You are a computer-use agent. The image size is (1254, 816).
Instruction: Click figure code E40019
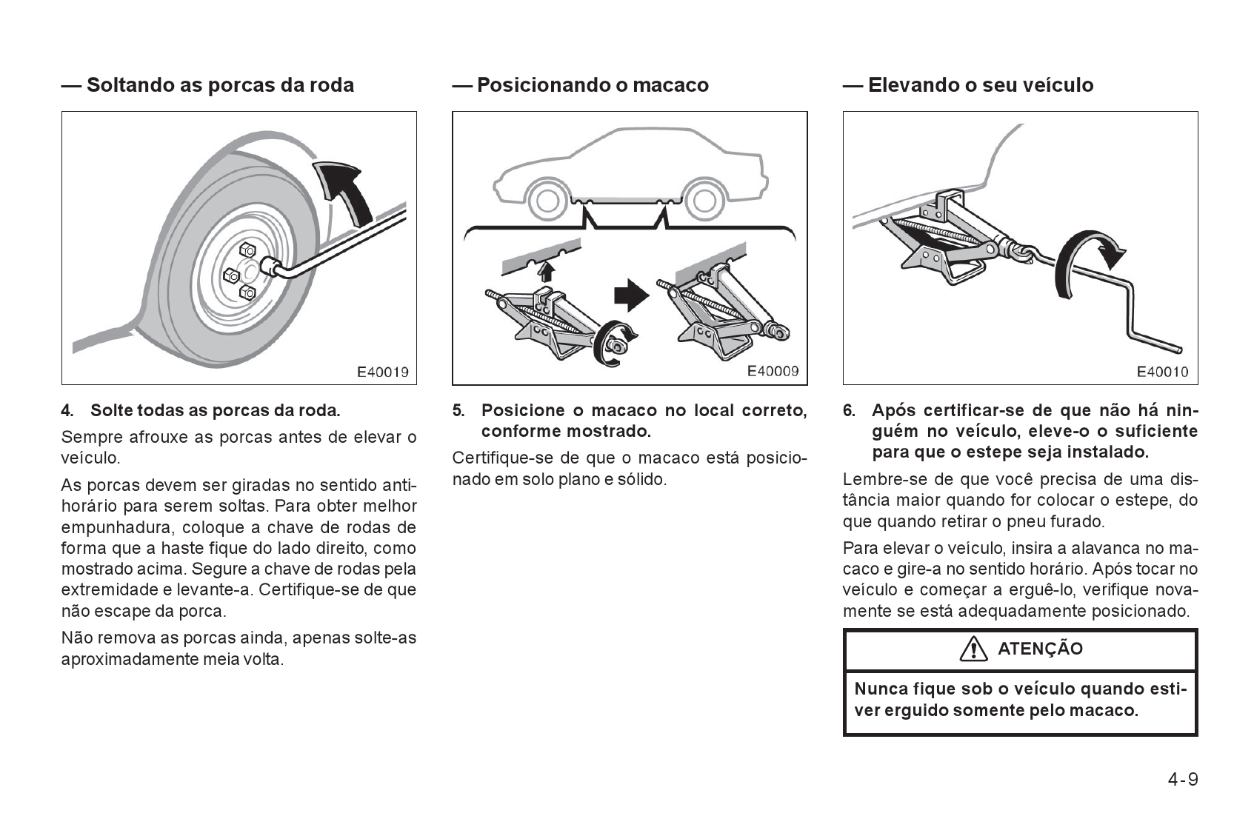point(382,372)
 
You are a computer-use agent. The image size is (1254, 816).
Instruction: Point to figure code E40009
point(773,371)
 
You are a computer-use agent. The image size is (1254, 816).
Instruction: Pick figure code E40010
point(1162,372)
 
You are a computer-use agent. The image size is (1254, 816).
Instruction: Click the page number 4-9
point(1183,780)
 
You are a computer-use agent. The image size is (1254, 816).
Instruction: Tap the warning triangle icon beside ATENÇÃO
point(973,649)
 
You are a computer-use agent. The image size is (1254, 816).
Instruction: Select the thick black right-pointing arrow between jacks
point(631,295)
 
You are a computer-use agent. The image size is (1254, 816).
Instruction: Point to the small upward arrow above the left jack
point(546,270)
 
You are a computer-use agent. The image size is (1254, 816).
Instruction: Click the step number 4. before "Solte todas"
point(67,410)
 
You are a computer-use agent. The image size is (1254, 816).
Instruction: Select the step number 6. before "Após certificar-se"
point(849,410)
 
